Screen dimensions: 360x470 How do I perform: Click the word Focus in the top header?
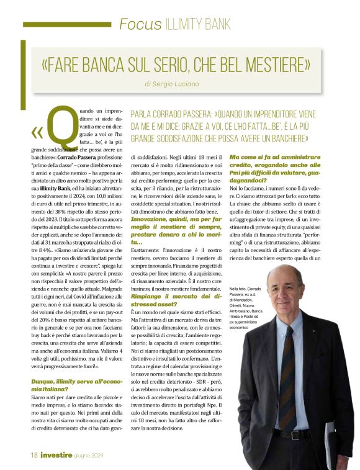141,24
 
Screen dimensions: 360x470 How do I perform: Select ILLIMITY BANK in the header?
198,24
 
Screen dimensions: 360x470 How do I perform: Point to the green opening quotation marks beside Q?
37,133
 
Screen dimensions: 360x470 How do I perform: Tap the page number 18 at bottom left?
35,454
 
